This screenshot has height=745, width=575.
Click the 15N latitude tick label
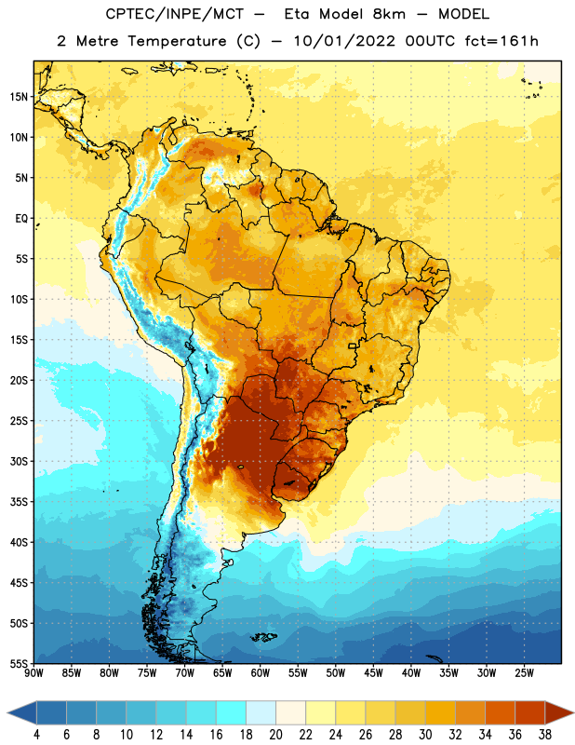point(19,97)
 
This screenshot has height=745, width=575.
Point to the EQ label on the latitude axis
point(21,219)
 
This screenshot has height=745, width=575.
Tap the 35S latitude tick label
point(19,502)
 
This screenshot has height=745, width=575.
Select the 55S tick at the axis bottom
point(19,664)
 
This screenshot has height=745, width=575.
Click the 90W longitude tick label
point(34,673)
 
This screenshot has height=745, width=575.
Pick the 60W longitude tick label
point(261,673)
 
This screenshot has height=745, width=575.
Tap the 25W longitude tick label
point(524,673)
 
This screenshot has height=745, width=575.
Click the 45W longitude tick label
point(373,673)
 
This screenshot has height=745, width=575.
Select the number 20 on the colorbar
point(275,735)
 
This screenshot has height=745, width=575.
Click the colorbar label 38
point(545,735)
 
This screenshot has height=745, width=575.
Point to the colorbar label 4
point(36,735)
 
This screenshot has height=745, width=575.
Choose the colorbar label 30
point(425,735)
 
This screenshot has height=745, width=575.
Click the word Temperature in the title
point(177,41)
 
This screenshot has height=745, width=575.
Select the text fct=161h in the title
point(501,41)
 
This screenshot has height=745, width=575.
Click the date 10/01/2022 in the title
point(344,41)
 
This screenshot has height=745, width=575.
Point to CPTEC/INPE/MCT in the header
point(174,14)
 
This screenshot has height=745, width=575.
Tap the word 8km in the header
point(389,14)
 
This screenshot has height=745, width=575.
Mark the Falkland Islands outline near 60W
point(264,637)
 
